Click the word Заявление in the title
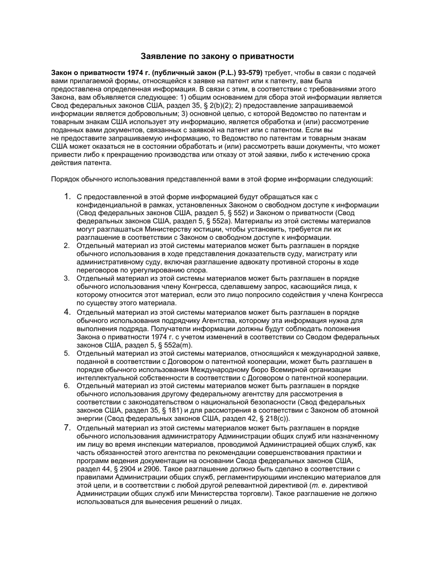(x=163, y=56)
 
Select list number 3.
(x=67, y=278)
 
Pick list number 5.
(x=67, y=353)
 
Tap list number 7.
(x=67, y=428)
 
